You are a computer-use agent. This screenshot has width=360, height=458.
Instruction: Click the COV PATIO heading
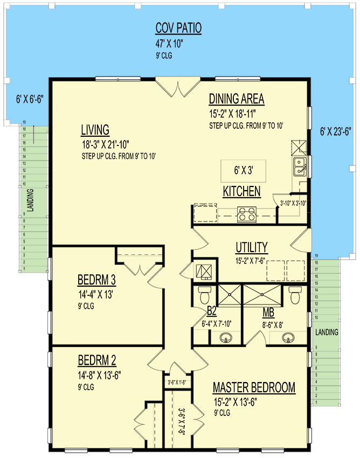[178, 28]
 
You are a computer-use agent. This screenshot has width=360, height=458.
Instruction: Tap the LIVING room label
[95, 130]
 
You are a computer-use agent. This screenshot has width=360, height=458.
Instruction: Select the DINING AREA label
[236, 99]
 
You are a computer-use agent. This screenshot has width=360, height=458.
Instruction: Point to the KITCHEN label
[241, 191]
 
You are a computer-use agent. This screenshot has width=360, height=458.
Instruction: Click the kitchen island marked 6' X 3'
[243, 170]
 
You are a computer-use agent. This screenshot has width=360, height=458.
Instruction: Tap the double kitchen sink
[300, 167]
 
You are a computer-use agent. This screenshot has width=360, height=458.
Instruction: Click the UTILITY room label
[251, 247]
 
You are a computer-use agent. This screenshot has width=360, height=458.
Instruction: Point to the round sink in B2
[226, 338]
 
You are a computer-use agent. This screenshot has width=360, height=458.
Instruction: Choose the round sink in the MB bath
[289, 338]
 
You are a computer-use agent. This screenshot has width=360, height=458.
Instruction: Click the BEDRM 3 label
[97, 280]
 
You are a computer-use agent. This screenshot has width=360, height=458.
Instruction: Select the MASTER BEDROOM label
[254, 387]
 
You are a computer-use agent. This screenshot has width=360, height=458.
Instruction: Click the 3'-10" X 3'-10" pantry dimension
[292, 203]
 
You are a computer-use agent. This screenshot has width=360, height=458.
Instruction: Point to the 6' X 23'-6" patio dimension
[335, 130]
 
